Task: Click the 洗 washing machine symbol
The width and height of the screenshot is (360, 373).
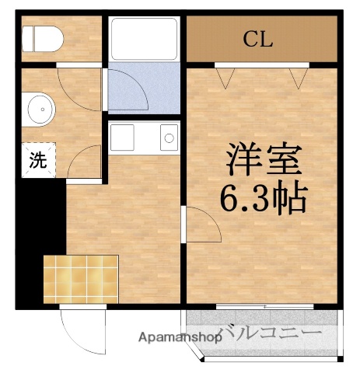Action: pos(37,162)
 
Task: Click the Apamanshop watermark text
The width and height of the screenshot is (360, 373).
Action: pos(180,337)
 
